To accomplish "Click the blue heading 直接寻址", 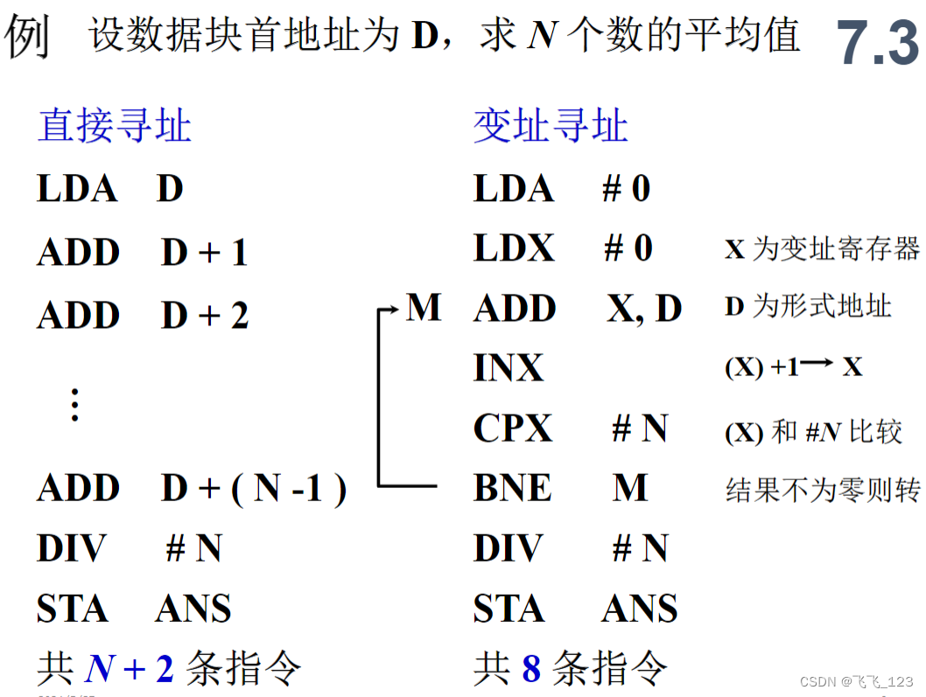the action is pos(114,126).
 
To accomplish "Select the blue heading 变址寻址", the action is pos(551,126).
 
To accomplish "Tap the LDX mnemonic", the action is pos(514,248).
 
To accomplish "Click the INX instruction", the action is pos(509,368).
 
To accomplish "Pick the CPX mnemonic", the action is pos(513,429).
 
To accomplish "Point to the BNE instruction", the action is pos(512,488).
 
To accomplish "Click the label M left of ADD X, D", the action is pos(424,308).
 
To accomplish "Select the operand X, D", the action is pos(644,309).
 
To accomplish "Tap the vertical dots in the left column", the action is pos(75,405).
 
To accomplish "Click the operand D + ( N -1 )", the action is pos(254,489).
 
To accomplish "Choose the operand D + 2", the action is pos(205,316).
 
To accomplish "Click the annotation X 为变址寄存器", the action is pos(822,249).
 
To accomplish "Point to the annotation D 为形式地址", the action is pos(808,307).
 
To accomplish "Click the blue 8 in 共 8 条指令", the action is pos(531,669).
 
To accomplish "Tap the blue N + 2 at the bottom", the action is pos(130,669).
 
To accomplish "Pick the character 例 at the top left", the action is pos(27,37).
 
